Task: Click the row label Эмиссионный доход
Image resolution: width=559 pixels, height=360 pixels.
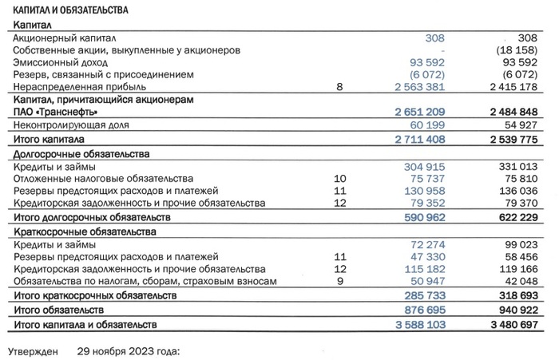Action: [x=61, y=62]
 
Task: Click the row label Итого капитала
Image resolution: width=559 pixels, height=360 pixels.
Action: [x=49, y=139]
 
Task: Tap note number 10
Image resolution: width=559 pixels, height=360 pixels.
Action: [x=339, y=179]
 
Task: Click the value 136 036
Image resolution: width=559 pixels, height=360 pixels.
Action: [x=527, y=192]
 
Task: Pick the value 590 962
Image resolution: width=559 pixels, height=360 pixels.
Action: [x=418, y=217]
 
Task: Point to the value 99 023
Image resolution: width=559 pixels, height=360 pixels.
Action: [x=530, y=243]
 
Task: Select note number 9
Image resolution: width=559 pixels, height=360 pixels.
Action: [x=339, y=282]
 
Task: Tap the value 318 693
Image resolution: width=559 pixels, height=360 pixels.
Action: [x=527, y=295]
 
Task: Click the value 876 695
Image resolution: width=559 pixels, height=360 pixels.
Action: [x=418, y=308]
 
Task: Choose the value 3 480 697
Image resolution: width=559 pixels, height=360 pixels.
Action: [x=521, y=325]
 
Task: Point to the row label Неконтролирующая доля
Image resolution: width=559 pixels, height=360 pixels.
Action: [x=69, y=125]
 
